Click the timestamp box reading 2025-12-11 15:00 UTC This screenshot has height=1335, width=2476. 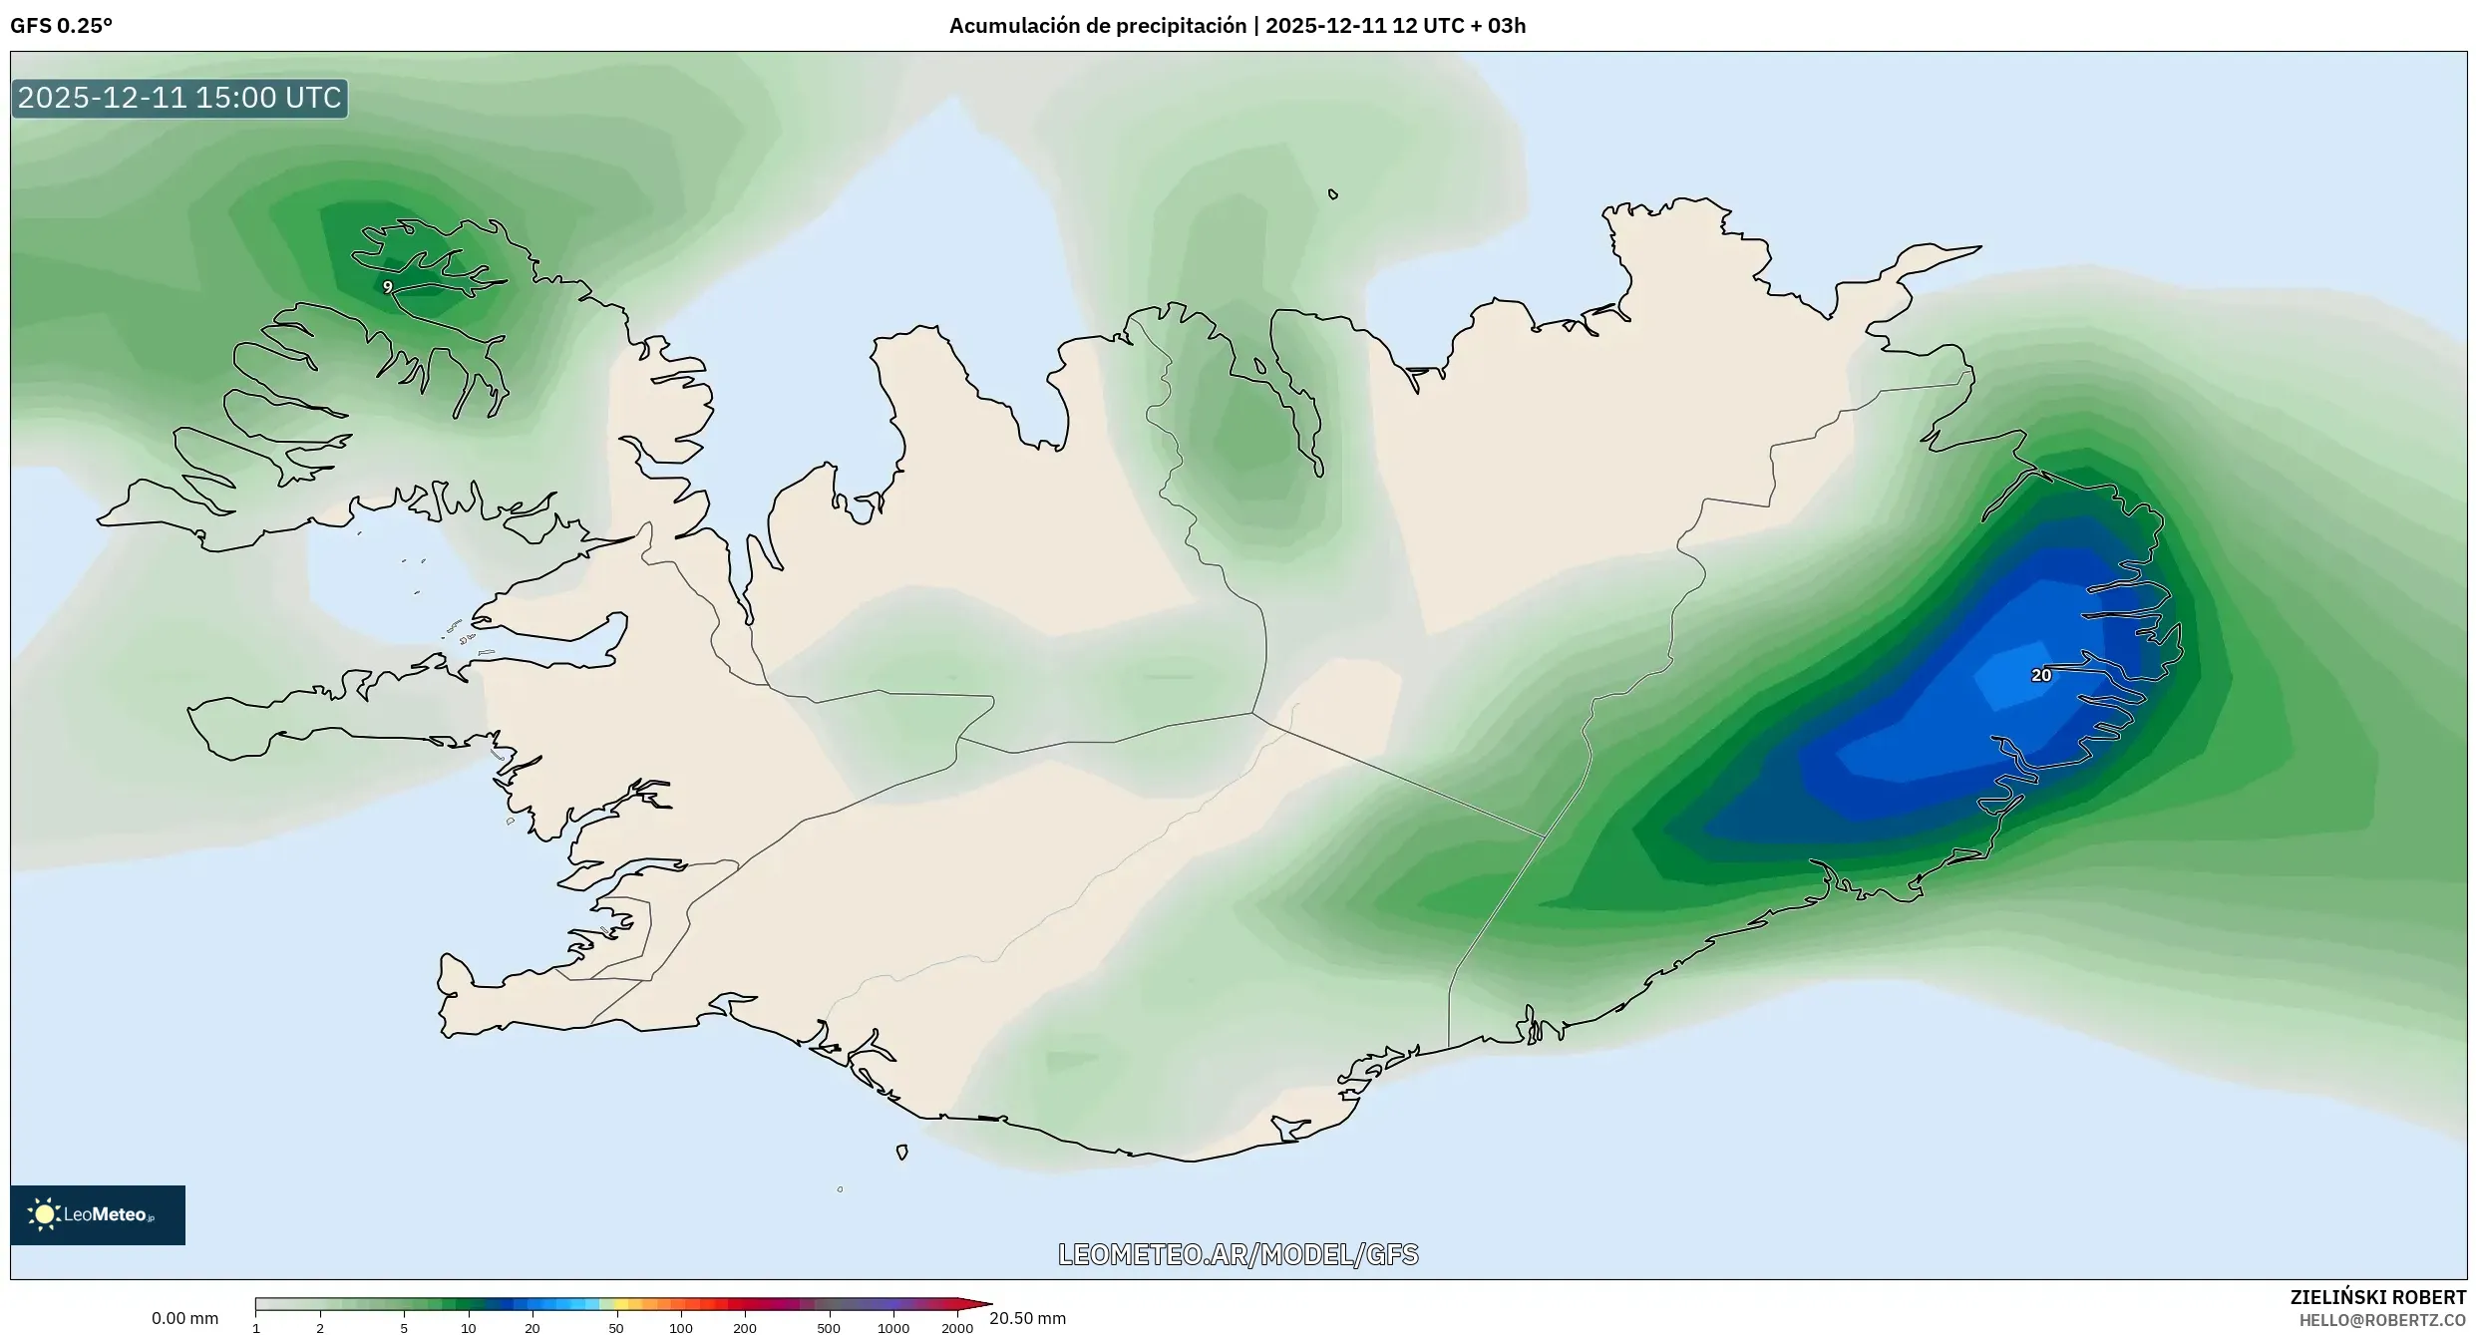pyautogui.click(x=179, y=98)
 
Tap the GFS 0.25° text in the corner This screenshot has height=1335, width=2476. pyautogui.click(x=61, y=26)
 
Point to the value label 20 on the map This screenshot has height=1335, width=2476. pyautogui.click(x=2040, y=676)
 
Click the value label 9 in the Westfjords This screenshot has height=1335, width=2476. pyautogui.click(x=387, y=287)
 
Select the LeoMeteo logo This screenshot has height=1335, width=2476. pyautogui.click(x=97, y=1214)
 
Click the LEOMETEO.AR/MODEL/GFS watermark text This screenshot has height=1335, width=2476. pyautogui.click(x=1238, y=1254)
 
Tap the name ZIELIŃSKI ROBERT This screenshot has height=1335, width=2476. pyautogui.click(x=2377, y=1297)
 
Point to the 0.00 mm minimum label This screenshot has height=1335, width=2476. pyautogui.click(x=184, y=1318)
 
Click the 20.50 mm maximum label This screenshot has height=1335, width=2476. pyautogui.click(x=1027, y=1318)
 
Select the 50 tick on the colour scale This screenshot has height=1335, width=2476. pyautogui.click(x=615, y=1328)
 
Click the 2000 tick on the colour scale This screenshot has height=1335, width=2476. pyautogui.click(x=956, y=1328)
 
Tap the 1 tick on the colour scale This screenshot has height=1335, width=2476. pyautogui.click(x=256, y=1328)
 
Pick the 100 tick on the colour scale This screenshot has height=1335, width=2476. pyautogui.click(x=680, y=1328)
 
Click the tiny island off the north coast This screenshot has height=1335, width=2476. pyautogui.click(x=1333, y=194)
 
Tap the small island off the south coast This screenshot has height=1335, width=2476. pyautogui.click(x=901, y=1152)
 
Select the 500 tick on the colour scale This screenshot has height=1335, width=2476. pyautogui.click(x=828, y=1328)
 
